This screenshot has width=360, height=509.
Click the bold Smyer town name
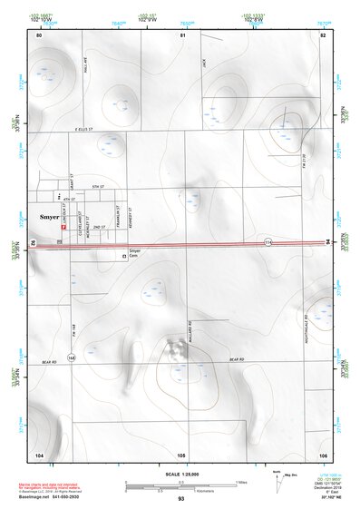coord(49,217)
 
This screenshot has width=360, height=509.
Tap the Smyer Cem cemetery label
coord(134,253)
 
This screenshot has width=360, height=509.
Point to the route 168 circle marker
coord(71,358)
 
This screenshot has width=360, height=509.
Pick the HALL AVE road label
coord(83,65)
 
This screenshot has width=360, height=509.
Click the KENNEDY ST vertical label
coord(133,215)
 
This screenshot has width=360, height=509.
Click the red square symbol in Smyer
coord(63,229)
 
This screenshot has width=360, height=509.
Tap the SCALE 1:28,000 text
coord(180,475)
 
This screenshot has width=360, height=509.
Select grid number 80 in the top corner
coord(39,34)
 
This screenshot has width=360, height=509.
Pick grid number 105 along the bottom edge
coord(181,454)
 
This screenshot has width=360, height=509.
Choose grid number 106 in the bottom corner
coord(322,454)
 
